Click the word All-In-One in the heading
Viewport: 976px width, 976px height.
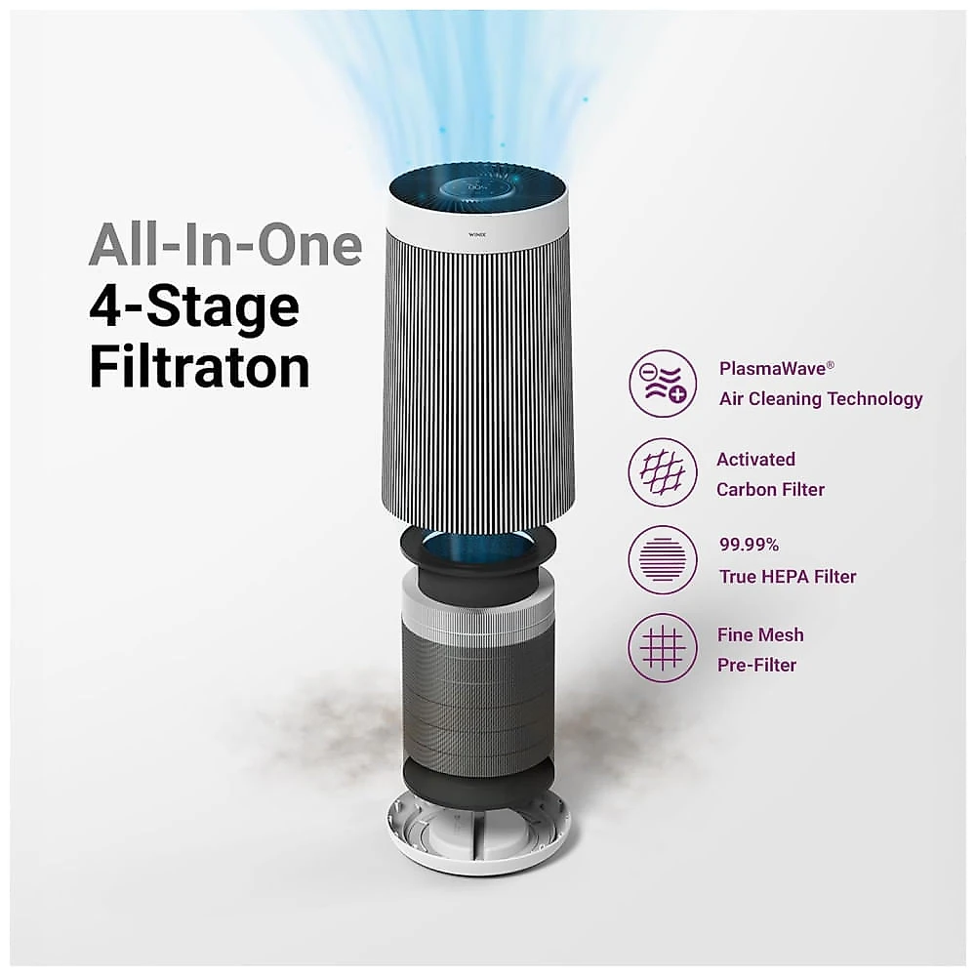tap(225, 245)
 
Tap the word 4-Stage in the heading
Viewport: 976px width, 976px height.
tap(194, 307)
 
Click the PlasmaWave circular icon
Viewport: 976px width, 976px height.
tap(663, 384)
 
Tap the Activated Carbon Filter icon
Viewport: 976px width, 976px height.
tap(663, 471)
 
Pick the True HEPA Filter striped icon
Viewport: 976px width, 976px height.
tap(663, 559)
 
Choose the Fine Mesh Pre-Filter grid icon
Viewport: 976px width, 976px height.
tap(663, 647)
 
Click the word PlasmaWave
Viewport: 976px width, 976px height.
tap(772, 369)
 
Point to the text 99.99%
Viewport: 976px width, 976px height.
tap(749, 545)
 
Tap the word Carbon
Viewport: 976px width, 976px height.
tap(746, 489)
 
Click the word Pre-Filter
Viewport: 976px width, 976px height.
tap(757, 665)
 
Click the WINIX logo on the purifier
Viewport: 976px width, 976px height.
tap(477, 234)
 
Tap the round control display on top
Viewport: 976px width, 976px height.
tap(478, 187)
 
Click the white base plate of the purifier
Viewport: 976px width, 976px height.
tap(479, 834)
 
